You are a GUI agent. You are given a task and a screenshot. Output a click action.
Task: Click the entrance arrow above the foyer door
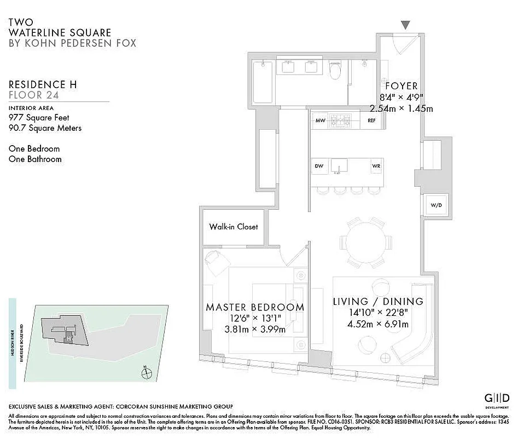(405, 25)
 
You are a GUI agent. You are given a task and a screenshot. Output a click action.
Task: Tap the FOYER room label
(401, 86)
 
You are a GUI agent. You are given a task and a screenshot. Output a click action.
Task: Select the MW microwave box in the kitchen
(321, 120)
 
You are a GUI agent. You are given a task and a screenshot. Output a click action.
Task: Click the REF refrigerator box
(371, 120)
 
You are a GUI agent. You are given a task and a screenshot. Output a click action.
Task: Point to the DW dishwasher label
(319, 166)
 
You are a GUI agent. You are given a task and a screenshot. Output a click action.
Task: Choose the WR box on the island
(376, 166)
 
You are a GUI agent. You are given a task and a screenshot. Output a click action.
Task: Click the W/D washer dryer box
(436, 206)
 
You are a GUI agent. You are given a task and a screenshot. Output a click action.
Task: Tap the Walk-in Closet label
(233, 227)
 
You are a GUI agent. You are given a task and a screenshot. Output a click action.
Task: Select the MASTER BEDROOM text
(255, 308)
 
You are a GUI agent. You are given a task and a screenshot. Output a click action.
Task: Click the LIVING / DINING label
(378, 302)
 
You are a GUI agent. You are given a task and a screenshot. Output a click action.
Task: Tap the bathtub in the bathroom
(263, 82)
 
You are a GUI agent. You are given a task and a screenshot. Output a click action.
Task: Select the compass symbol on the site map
(146, 374)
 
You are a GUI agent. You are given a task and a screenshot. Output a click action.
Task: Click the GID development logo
(497, 399)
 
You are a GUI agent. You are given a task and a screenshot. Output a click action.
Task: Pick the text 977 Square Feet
(39, 118)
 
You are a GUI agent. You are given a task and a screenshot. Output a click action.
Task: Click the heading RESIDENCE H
(43, 84)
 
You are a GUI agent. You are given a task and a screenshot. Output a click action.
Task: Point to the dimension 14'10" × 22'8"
(378, 313)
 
